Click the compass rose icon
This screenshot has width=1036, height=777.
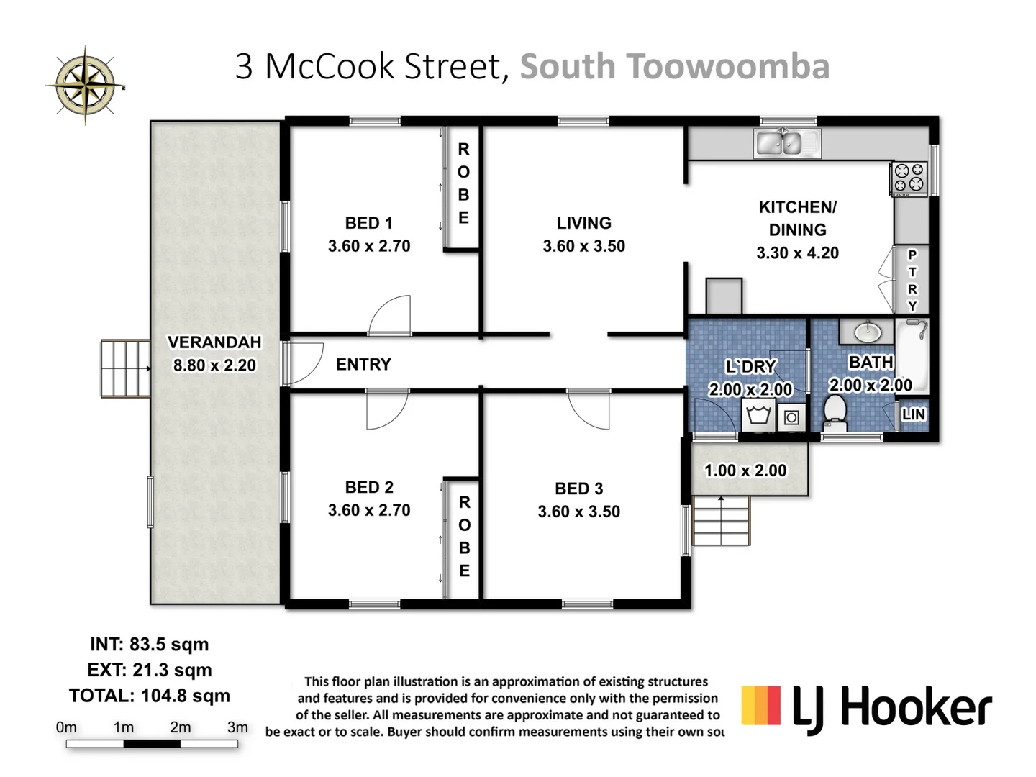86,86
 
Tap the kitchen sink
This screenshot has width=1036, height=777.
786,143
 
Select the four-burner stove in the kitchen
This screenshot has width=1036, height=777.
909,178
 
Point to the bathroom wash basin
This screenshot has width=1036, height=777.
868,332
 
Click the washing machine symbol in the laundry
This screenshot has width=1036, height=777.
791,417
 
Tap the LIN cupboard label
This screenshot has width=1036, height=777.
913,414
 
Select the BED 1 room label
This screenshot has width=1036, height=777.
368,223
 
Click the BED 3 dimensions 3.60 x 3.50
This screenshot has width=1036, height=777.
578,512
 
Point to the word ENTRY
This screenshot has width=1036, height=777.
363,365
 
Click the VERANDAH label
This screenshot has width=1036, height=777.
214,342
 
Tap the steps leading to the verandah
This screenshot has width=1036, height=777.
125,368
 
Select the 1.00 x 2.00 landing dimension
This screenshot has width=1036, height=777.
745,471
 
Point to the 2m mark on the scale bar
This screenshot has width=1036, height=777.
181,727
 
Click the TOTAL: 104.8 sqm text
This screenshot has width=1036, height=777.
150,696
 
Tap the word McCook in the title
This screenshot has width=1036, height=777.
332,66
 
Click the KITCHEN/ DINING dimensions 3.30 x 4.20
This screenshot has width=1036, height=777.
797,253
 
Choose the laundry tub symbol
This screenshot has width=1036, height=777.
759,416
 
